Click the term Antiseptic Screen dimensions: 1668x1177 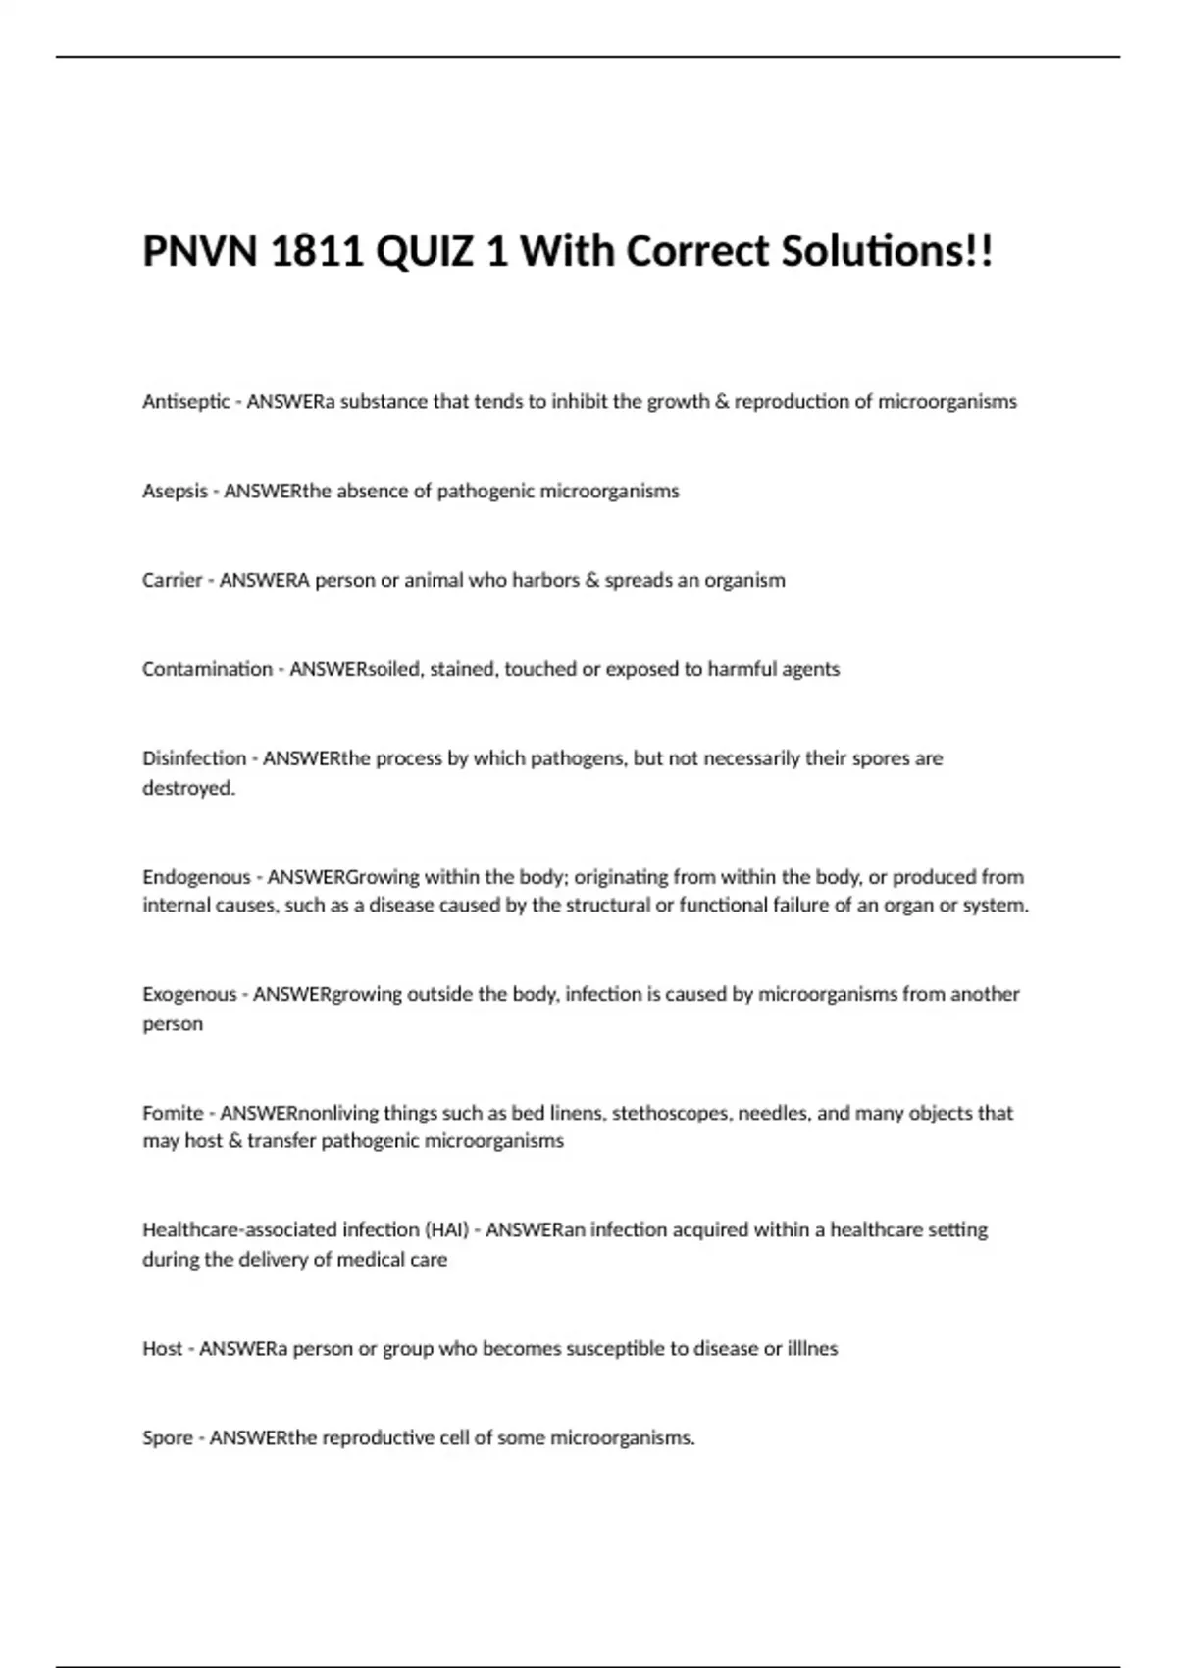pos(186,402)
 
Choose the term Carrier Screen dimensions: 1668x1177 pos(172,580)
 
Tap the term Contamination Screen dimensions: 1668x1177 pos(207,669)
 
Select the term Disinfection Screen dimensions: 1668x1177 pos(194,758)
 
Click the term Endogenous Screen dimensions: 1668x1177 pos(196,877)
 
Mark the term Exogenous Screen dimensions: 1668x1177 pos(189,995)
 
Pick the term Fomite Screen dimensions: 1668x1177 pos(173,1114)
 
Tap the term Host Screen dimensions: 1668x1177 pos(163,1349)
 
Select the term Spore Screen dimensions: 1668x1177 pos(168,1438)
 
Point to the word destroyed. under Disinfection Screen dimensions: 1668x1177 pos(189,788)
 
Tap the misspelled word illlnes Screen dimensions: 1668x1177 pos(813,1349)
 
